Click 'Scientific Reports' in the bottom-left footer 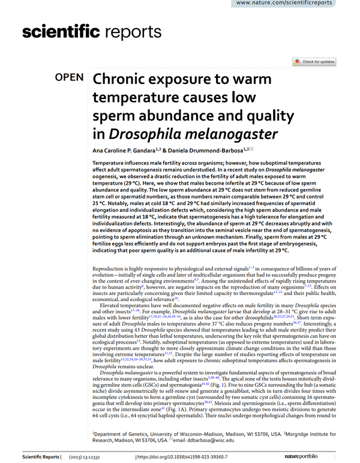[x=38, y=458]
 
